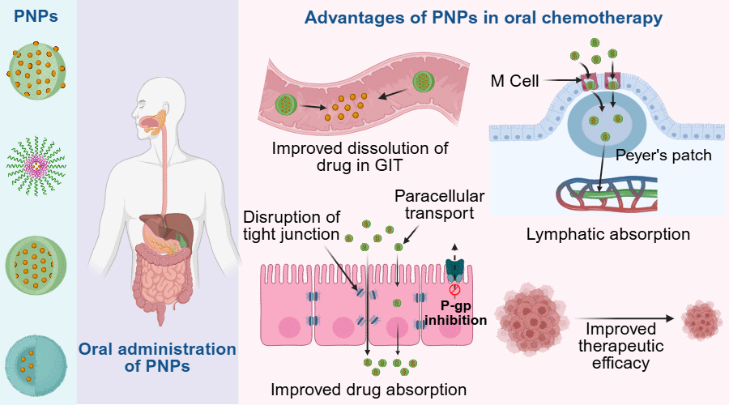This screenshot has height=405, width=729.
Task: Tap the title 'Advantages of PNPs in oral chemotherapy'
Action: pos(483,17)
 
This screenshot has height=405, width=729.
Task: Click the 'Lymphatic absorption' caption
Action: pos(607,235)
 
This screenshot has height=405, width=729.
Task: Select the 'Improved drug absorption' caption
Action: pos(369,390)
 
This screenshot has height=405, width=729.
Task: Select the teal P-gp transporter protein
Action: pos(456,270)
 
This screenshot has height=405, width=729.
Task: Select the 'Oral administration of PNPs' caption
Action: pos(157,357)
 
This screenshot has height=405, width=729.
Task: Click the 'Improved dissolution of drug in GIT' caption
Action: pos(360,157)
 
